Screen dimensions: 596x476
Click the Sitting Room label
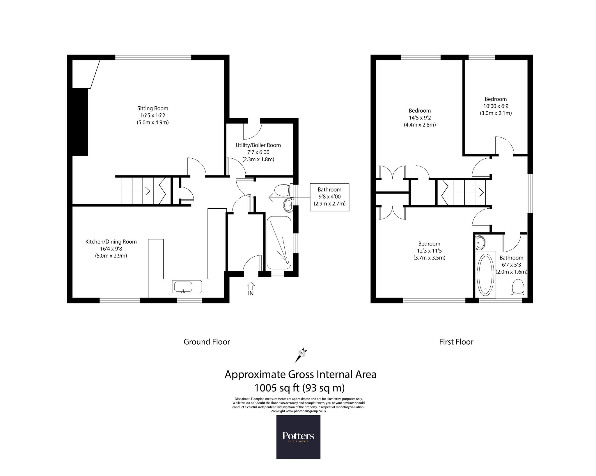[153, 108]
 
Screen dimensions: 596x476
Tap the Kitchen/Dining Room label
[111, 241]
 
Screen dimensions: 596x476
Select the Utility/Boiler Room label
[258, 145]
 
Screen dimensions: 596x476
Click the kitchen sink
[187, 287]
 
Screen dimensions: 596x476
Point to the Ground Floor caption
[207, 342]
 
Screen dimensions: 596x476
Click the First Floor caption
[456, 342]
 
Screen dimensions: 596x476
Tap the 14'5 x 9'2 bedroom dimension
[420, 118]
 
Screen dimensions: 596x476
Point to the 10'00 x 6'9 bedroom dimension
[496, 106]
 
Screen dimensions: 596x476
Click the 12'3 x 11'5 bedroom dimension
[429, 251]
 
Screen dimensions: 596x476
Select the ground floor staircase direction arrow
[138, 191]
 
